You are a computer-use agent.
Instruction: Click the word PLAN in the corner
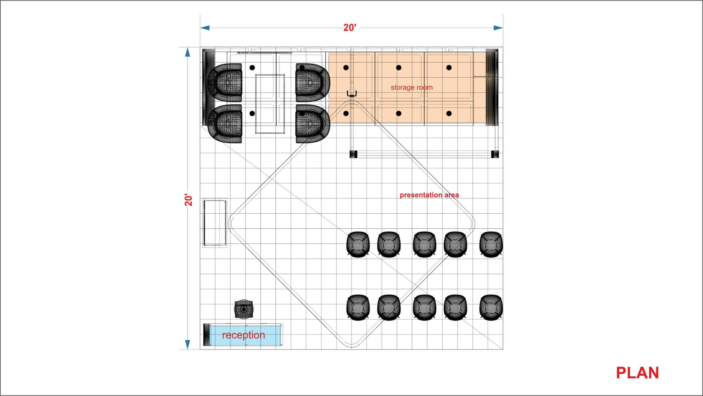pos(637,373)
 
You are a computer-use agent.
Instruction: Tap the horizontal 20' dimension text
pos(350,28)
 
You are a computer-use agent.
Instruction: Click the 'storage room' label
pos(412,87)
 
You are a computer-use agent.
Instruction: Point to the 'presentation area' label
pos(429,195)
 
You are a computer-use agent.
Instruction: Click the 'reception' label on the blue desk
pos(244,335)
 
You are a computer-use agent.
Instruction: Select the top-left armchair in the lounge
pos(225,83)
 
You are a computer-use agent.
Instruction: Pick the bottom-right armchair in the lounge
pos(313,124)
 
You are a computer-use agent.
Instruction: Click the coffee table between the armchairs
pos(270,104)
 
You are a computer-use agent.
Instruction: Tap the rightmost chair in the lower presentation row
pos(491,308)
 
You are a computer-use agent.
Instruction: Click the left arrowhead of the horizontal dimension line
pos(205,28)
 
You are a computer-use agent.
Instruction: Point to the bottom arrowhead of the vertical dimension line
pos(188,345)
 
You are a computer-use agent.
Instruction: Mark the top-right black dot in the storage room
pos(449,67)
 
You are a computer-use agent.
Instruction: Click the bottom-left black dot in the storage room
pos(346,113)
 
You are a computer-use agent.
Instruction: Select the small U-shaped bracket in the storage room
pos(352,94)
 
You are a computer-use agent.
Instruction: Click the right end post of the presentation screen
pos(495,154)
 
